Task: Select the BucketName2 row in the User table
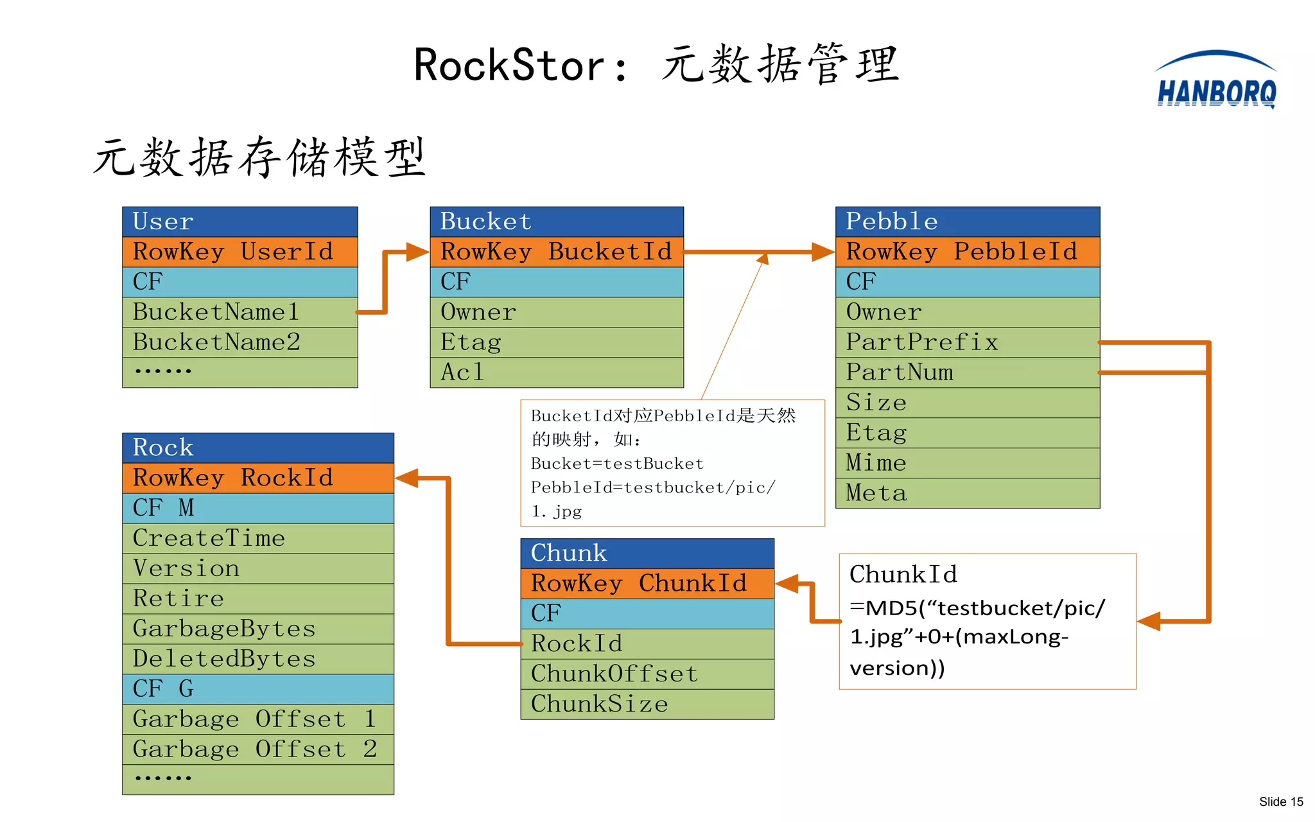(239, 342)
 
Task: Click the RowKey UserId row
(239, 252)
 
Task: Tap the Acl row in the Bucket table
(556, 372)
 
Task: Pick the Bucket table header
(556, 222)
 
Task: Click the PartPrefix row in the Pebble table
(967, 342)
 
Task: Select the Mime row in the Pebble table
(967, 463)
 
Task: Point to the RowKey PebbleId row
(967, 252)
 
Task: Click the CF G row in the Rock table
(257, 689)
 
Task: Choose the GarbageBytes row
(257, 629)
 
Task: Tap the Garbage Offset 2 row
(257, 749)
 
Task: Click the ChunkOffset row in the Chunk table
(647, 674)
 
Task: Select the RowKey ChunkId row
(647, 584)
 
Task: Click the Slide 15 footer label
(1280, 801)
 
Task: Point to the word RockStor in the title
(509, 66)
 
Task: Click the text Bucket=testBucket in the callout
(617, 464)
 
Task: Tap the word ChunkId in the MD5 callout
(903, 574)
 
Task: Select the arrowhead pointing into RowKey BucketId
(417, 252)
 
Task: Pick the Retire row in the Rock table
(257, 599)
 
